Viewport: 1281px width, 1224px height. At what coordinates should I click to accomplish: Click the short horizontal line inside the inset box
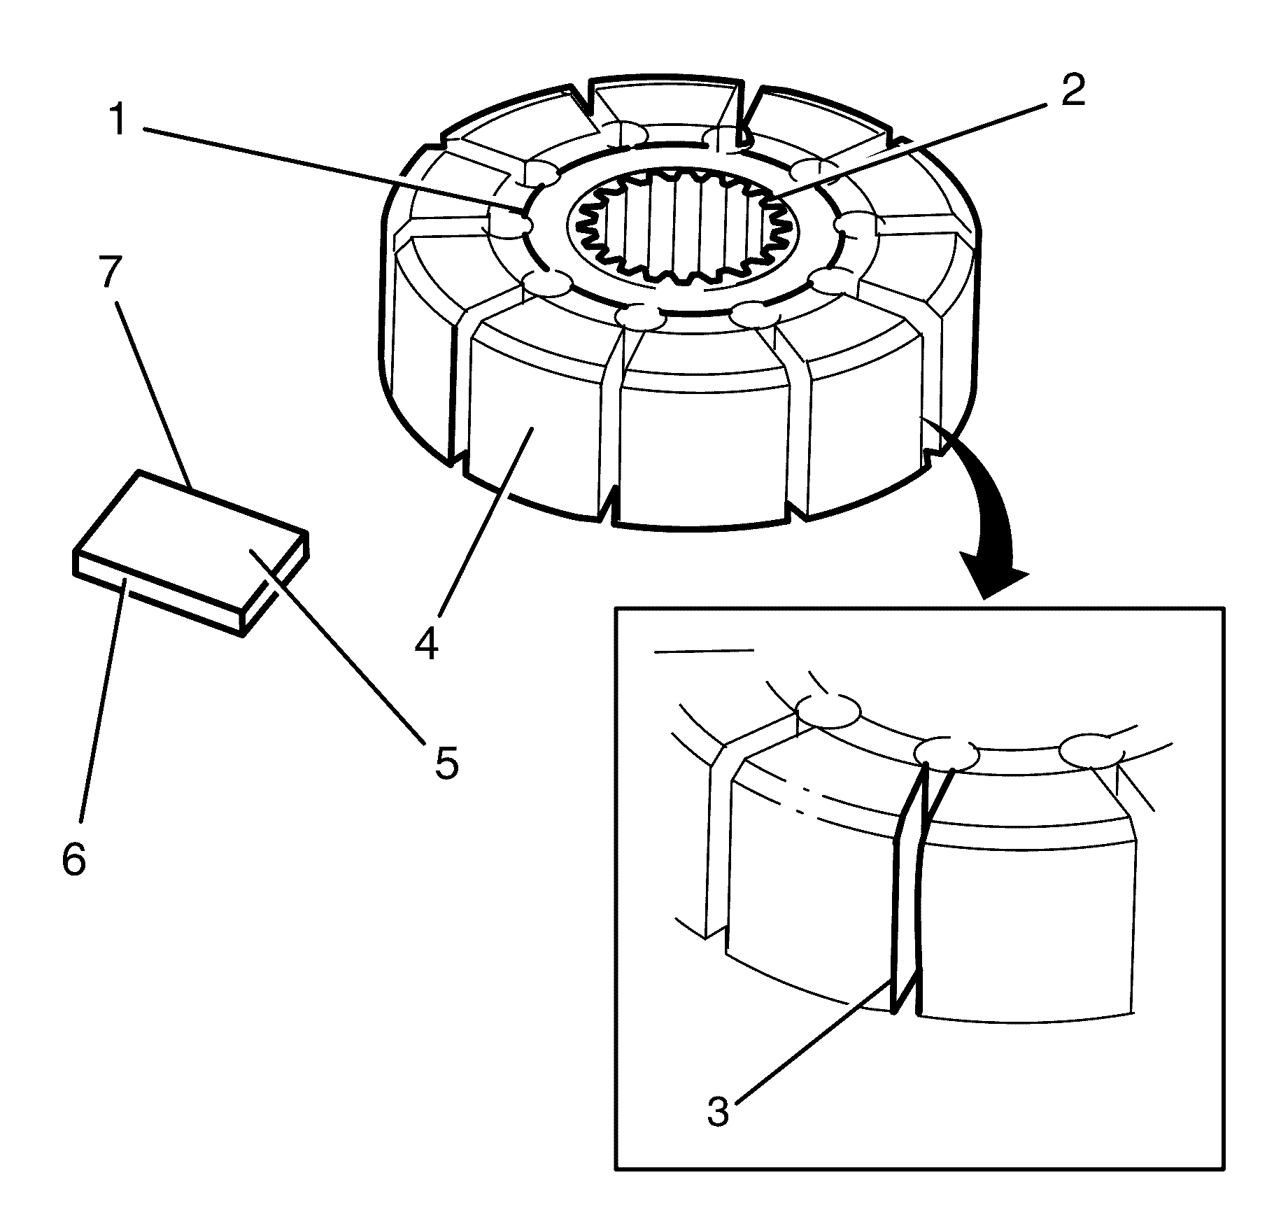pos(703,651)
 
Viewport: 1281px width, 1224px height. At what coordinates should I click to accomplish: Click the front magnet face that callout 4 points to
pos(532,427)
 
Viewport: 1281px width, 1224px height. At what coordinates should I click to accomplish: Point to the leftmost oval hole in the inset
pos(829,712)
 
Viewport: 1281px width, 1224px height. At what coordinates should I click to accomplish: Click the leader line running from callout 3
pos(805,1046)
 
